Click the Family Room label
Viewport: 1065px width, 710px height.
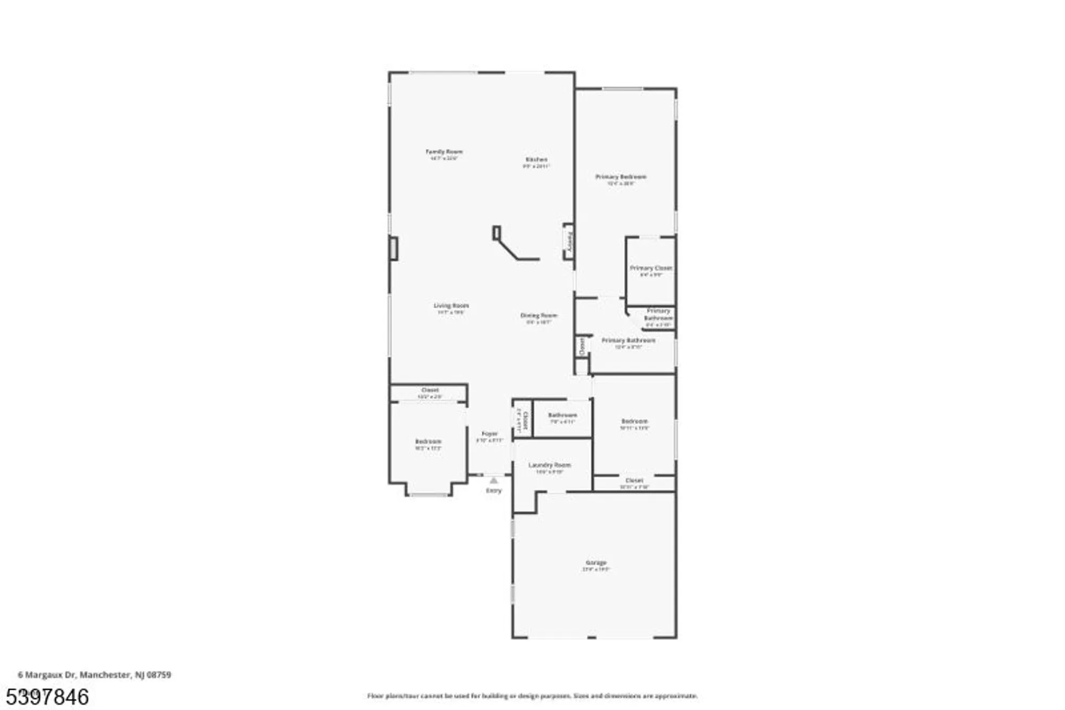[444, 152]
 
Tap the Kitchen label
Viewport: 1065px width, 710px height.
[536, 160]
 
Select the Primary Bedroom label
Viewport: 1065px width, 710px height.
[620, 177]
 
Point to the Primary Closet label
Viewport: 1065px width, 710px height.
[651, 268]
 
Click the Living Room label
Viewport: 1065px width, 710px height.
[451, 306]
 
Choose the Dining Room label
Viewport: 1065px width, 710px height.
[538, 316]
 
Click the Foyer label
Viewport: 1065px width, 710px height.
[489, 434]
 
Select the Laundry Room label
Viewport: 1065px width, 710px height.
[550, 465]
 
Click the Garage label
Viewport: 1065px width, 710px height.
[596, 562]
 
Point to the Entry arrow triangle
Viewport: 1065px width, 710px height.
[494, 480]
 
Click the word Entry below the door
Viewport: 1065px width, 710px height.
[494, 491]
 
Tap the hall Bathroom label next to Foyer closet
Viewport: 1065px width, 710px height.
[562, 415]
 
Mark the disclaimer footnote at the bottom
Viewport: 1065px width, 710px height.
[532, 696]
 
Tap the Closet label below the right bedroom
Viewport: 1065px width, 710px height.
[634, 480]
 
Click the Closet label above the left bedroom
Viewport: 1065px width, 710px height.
[430, 390]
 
